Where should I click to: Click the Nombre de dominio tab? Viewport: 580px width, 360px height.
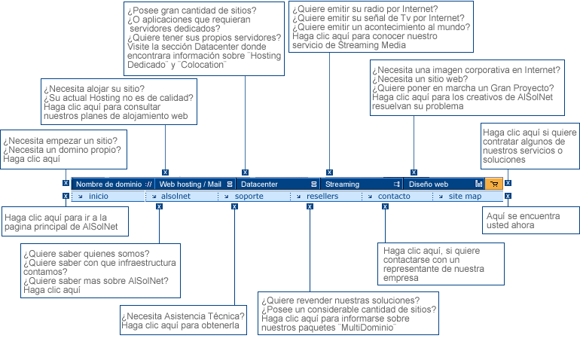point(113,184)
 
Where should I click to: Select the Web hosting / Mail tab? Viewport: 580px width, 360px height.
point(195,184)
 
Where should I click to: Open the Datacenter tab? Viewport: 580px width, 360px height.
point(278,184)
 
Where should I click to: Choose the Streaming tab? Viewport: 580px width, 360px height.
point(362,184)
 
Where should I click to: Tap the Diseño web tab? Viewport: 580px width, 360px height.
point(444,184)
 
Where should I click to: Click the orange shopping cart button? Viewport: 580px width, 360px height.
point(494,184)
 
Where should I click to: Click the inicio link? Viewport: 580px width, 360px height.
point(99,196)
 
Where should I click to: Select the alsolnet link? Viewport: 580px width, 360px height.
point(176,196)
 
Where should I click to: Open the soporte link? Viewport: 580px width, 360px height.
point(249,196)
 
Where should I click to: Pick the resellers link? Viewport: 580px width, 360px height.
point(322,196)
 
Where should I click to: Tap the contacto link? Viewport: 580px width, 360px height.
point(394,196)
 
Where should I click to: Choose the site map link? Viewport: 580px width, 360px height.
point(465,196)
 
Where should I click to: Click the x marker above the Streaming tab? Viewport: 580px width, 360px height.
point(330,172)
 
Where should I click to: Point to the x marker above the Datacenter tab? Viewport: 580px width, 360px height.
point(245,172)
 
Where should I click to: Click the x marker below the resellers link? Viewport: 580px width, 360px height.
point(310,206)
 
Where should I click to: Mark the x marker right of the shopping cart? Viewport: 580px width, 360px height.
point(508,183)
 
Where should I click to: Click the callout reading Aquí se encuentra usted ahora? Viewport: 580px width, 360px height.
point(531,220)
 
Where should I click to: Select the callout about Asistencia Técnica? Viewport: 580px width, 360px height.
point(184,320)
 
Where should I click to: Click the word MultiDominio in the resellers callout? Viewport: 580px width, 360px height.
point(368,328)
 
